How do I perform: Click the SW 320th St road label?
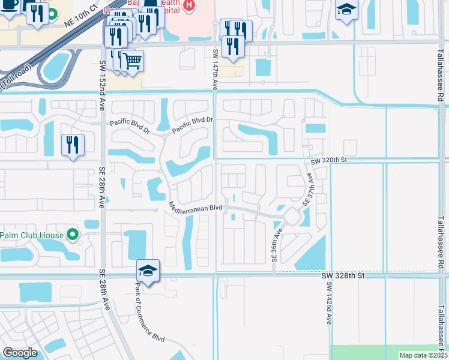pos(329,161)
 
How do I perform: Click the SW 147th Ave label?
pos(214,70)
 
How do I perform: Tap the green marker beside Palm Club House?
pos(73,234)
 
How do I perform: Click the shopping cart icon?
pos(133,60)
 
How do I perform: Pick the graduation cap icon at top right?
pos(346,10)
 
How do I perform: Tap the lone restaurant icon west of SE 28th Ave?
pos(73,144)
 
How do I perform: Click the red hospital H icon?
pos(190,6)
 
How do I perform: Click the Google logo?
pos(20,353)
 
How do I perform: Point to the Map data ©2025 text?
pos(423,355)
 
